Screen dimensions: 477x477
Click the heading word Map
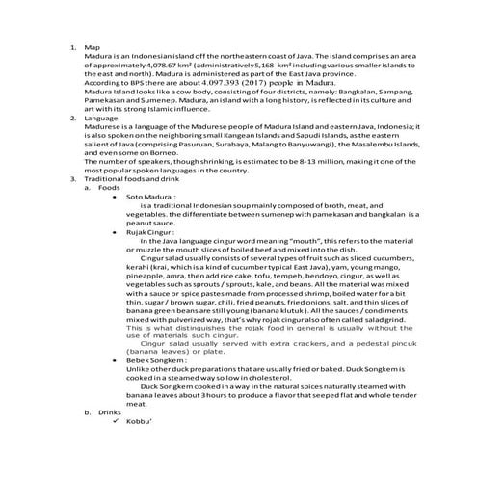92,47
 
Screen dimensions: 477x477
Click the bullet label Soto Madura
143,196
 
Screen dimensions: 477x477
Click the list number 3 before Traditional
72,179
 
